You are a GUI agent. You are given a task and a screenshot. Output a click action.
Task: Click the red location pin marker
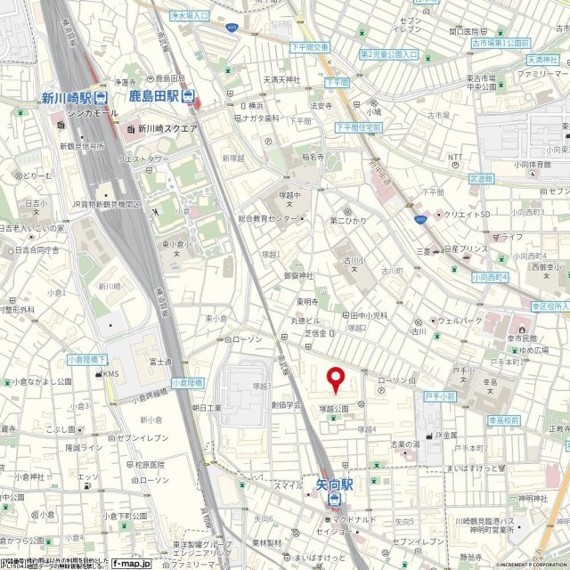[x=336, y=379]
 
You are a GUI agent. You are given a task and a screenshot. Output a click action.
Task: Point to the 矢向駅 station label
[x=334, y=484]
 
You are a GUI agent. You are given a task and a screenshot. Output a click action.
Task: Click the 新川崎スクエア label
[x=167, y=128]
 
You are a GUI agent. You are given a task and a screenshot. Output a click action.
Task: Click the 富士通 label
[x=161, y=362]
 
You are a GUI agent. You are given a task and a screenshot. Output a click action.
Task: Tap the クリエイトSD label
[x=466, y=215]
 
